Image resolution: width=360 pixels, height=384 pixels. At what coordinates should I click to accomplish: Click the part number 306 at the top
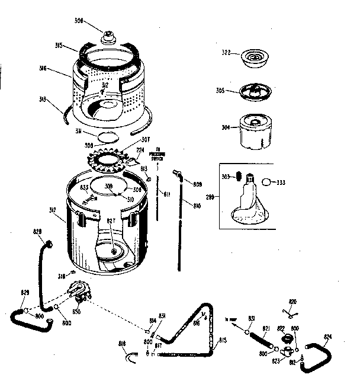click(x=95, y=20)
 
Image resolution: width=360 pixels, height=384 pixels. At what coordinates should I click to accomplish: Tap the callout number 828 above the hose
click(x=37, y=232)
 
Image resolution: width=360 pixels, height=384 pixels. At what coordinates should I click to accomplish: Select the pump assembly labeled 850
click(x=79, y=292)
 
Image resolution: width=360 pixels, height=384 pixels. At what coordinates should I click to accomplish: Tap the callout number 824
click(x=329, y=337)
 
